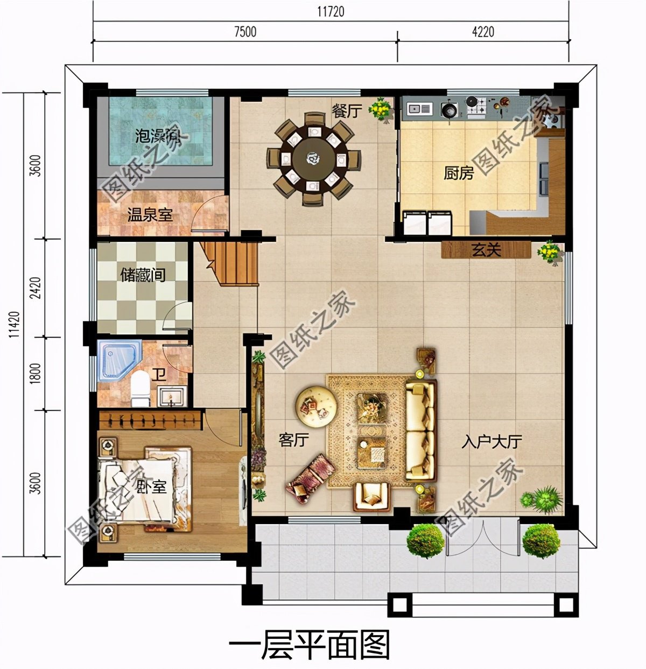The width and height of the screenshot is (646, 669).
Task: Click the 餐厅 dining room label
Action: pos(347,111)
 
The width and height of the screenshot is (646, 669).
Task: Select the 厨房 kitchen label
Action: pos(459,173)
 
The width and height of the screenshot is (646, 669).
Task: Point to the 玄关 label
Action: pos(487,250)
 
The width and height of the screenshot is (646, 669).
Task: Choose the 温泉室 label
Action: pos(150,215)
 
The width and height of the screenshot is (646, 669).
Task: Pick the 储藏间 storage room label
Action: pos(142,275)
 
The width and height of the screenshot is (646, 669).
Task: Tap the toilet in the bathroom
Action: pos(141,388)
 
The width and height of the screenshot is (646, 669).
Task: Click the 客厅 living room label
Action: pos(293,440)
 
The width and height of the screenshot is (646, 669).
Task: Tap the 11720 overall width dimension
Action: pos(330,11)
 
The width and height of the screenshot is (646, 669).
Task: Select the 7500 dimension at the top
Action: pos(244,32)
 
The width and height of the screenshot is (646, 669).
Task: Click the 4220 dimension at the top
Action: pos(482,32)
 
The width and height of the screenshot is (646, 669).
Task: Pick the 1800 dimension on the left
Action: pos(35,373)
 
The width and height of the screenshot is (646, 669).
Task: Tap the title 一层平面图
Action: pos(309,646)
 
